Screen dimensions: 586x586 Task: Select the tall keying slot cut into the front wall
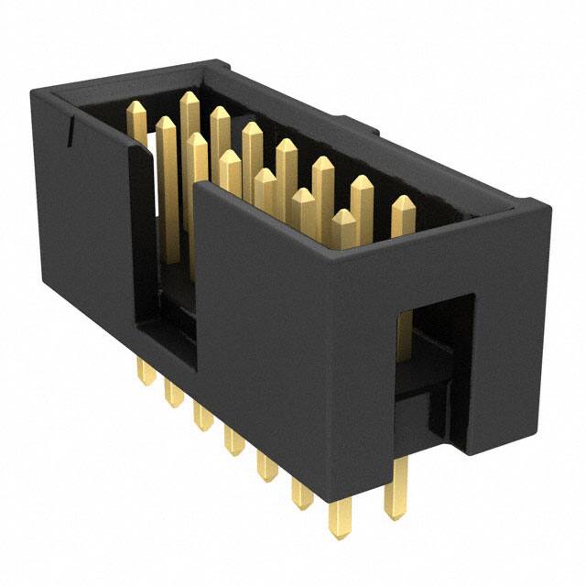[165, 275]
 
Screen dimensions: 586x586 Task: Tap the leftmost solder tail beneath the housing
[144, 372]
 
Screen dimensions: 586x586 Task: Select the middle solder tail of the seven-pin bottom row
[234, 440]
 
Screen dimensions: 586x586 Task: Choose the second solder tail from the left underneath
[171, 394]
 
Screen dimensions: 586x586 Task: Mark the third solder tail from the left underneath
[201, 417]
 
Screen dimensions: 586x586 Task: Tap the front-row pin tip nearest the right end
[343, 220]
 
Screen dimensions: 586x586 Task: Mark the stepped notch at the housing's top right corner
[540, 206]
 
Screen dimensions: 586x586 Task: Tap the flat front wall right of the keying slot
[266, 311]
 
